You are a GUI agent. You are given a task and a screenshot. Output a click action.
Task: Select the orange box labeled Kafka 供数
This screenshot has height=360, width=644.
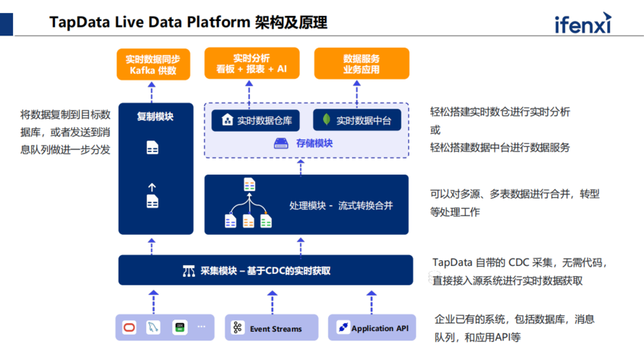pos(152,64)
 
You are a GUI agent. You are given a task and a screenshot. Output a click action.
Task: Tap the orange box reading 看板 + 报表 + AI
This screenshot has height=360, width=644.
pos(251,63)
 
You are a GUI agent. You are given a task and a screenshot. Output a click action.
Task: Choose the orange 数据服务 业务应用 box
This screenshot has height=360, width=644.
pos(361,63)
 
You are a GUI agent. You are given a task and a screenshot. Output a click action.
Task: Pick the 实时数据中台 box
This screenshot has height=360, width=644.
pos(356,121)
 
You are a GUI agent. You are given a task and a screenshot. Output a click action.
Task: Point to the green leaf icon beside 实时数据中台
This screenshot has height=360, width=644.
pos(327,120)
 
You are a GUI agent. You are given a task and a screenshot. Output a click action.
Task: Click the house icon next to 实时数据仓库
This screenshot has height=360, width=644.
pos(227,120)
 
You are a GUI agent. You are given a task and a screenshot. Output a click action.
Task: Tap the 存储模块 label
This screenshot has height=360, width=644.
pos(314,143)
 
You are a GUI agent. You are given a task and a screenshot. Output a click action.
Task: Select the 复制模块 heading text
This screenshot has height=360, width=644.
pos(155,116)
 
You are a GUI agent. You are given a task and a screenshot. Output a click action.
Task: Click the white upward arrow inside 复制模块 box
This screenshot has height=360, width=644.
pos(152,187)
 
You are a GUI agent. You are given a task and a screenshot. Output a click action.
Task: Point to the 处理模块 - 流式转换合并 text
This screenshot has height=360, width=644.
pos(340,206)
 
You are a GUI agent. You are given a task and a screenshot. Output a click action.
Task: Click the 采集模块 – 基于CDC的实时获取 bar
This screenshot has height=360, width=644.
pos(265,271)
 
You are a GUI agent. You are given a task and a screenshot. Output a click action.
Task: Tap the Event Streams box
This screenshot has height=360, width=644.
pos(271,328)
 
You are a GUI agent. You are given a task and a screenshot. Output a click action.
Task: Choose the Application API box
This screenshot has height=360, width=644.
pos(373,328)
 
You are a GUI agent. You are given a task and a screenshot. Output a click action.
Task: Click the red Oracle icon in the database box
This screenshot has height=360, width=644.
pos(129,327)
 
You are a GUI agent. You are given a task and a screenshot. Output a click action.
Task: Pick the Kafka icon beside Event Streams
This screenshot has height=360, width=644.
pos(238,328)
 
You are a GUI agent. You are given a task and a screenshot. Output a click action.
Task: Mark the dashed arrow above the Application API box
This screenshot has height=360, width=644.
pos(371,301)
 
